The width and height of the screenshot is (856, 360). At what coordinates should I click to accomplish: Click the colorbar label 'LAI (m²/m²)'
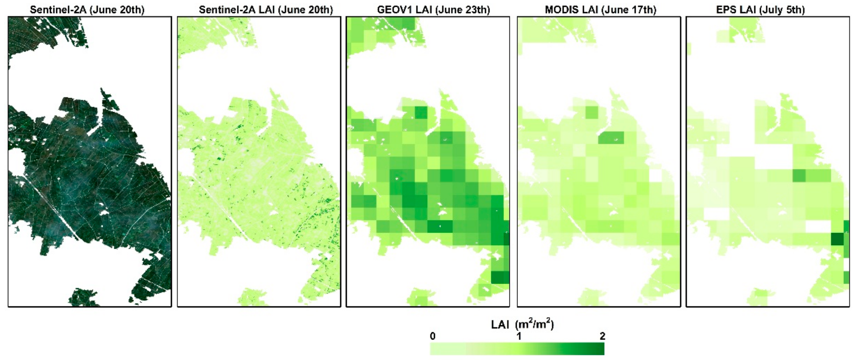tap(522, 324)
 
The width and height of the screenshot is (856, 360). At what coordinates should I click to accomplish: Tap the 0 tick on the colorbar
tap(432, 336)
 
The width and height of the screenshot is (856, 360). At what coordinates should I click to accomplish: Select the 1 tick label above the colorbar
tap(519, 336)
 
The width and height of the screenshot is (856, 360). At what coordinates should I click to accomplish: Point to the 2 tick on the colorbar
tap(602, 336)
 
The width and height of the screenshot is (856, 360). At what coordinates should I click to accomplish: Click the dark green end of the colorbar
tap(598, 349)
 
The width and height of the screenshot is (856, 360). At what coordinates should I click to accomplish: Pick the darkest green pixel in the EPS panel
tap(837, 239)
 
